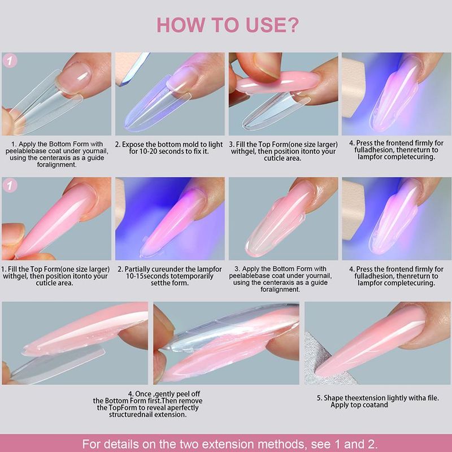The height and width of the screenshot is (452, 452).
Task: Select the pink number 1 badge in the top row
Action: pos(10,61)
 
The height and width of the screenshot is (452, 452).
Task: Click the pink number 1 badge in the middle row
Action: pos(10,185)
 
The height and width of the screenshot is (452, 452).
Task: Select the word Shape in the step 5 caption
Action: pos(333,398)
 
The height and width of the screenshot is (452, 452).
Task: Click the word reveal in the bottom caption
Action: pos(157,408)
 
